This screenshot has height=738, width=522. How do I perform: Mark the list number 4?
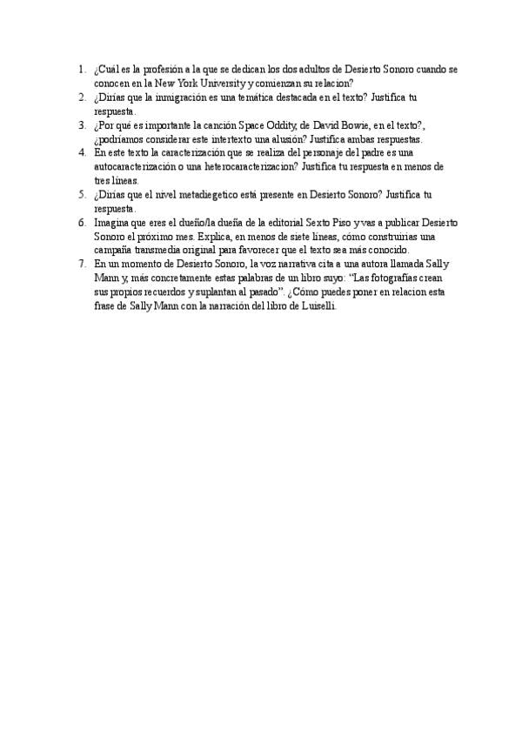point(82,151)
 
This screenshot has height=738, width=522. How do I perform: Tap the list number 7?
point(82,264)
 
